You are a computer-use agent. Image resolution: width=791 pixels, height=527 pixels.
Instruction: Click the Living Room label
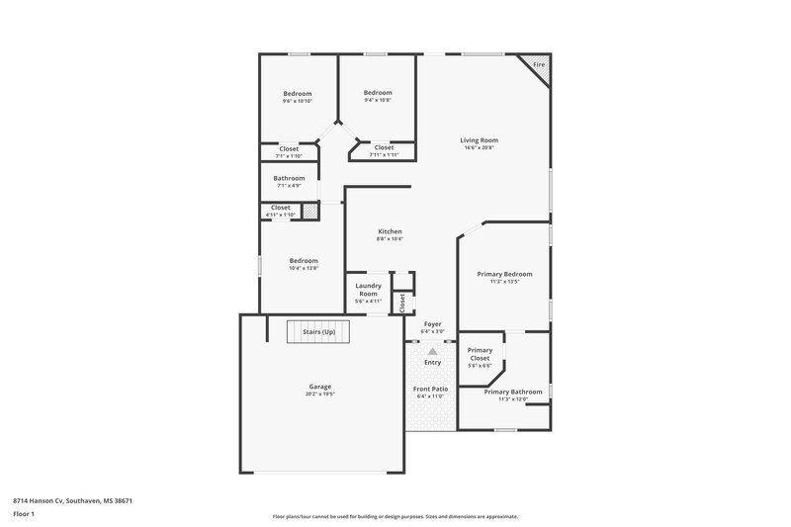pos(479,140)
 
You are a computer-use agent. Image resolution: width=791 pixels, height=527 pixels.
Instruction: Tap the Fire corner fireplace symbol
pos(538,65)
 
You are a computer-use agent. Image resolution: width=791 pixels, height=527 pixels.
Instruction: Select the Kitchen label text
pos(389,231)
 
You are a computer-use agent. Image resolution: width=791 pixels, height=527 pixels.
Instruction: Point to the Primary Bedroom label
pos(504,274)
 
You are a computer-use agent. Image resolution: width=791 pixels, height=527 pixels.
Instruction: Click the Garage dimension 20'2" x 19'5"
pos(319,394)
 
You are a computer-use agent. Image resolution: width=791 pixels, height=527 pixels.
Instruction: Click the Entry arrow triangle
pos(432,351)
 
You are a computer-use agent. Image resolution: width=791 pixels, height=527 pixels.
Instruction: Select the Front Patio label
pos(430,389)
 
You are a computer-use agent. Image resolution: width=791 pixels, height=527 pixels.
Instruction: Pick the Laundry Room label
pos(368,290)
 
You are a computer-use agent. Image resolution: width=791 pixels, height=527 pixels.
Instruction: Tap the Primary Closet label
pos(480,354)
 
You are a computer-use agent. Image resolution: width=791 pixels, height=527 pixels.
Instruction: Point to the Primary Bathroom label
pos(512,392)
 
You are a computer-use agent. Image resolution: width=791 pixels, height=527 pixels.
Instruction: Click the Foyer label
pos(432,323)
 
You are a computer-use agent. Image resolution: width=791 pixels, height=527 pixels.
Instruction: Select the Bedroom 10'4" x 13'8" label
pos(304,261)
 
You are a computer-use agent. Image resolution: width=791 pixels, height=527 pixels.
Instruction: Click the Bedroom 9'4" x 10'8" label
pos(377,93)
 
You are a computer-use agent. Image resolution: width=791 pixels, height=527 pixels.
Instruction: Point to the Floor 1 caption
pos(24,515)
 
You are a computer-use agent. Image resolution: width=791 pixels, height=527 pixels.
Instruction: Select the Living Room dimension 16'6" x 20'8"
pos(479,148)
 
